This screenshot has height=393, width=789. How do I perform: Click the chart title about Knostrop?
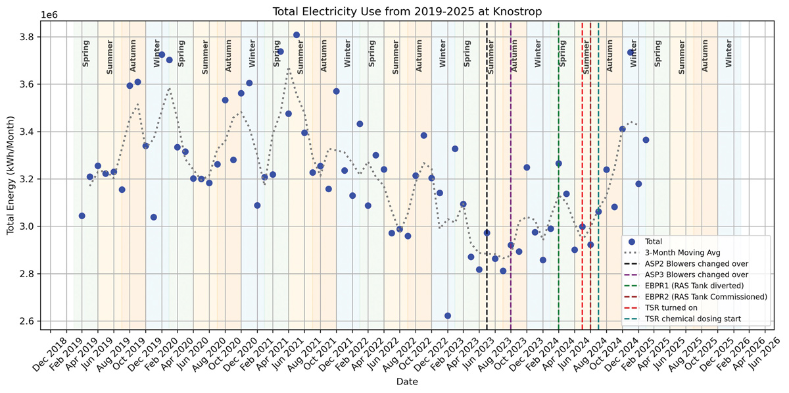(394, 9)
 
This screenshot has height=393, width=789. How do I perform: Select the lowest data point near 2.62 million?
(448, 316)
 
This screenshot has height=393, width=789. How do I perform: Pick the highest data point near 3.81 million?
(297, 35)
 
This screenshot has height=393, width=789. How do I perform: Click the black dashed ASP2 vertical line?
(487, 132)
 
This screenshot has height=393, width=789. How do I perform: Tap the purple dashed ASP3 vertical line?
(511, 132)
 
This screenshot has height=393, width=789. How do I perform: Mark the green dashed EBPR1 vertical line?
(559, 132)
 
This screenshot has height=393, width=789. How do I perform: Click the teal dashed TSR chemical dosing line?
(598, 132)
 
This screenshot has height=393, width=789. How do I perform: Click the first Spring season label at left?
(85, 56)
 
